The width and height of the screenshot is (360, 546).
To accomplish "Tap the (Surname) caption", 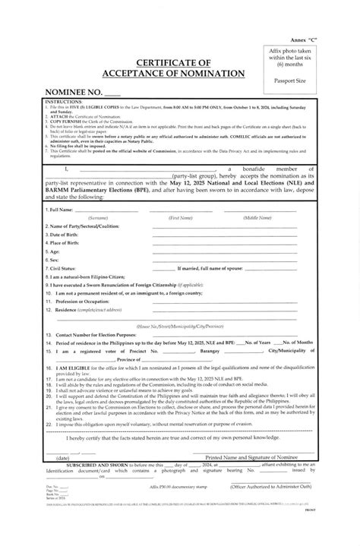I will (x=96, y=217).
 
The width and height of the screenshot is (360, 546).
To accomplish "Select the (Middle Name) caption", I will (x=257, y=217).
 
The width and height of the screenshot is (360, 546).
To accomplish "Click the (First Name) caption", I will (x=180, y=217).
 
